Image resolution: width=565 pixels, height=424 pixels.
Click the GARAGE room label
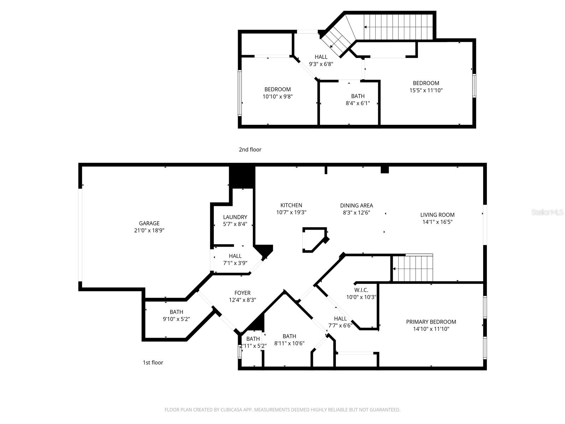pos(149,223)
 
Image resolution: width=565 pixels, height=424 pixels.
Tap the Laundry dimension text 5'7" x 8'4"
pos(235,224)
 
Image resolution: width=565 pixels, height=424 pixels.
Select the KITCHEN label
pos(291,205)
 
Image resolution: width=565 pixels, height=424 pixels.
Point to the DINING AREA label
pos(356,206)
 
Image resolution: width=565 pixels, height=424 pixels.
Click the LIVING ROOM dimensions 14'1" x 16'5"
pos(437,222)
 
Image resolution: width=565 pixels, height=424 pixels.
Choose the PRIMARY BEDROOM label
pos(431,322)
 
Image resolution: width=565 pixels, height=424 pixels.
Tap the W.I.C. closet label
pos(361,290)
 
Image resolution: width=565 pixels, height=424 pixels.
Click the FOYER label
pos(242,293)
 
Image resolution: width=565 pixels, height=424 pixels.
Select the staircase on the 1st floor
pos(412,269)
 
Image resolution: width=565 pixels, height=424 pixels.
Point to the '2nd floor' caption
pos(250,149)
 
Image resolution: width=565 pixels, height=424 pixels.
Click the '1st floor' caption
pos(153,363)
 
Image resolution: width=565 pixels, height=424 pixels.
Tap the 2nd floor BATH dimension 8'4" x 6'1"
pos(357,103)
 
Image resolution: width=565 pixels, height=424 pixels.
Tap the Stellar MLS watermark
pos(547,212)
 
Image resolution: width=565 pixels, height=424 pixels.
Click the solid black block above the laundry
pos(242,177)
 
